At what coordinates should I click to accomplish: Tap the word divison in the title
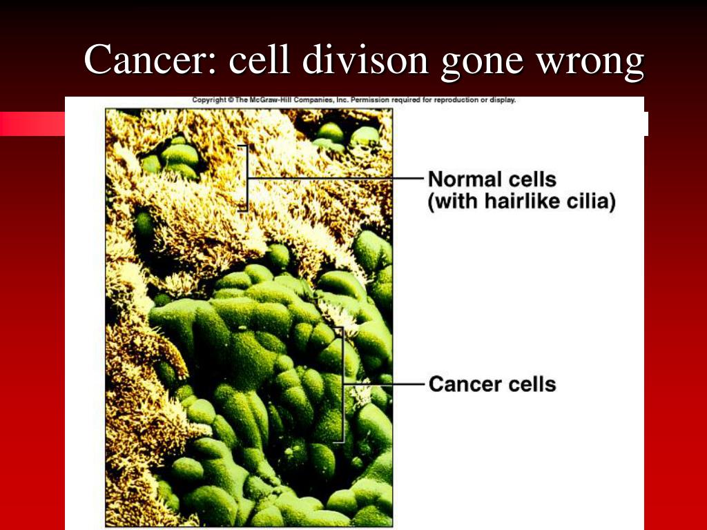365,59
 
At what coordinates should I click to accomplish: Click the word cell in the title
259,59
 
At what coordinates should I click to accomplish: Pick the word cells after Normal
532,179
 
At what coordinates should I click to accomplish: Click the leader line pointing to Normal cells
336,179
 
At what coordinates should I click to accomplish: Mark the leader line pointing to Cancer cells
384,384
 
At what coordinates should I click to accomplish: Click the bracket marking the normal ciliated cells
246,178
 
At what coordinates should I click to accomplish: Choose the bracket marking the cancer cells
342,384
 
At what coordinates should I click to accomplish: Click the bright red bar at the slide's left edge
32,124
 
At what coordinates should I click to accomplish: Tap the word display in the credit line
503,100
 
